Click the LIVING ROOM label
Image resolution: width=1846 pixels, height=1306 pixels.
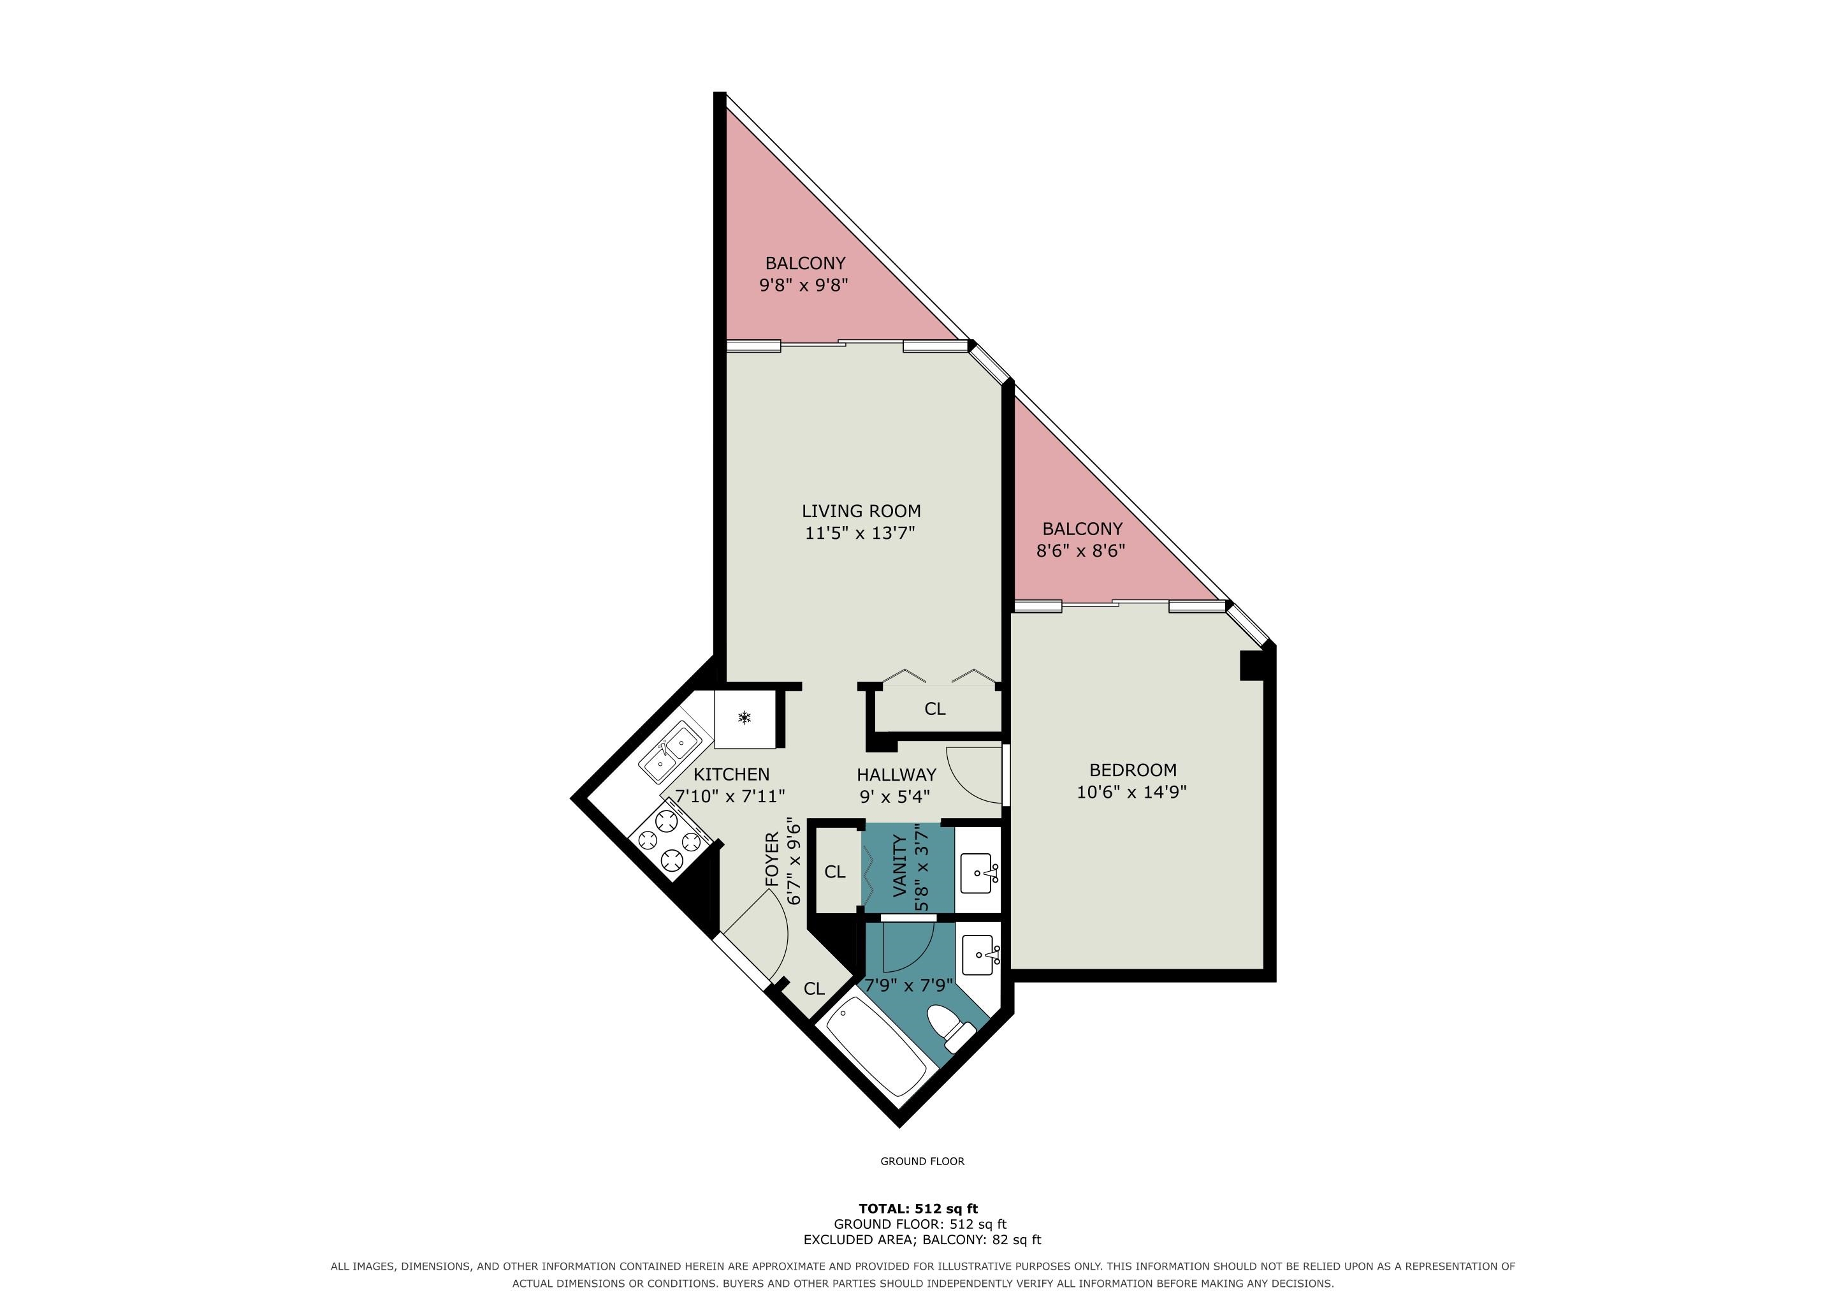pos(861,511)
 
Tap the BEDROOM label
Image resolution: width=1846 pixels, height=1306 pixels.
pos(1132,770)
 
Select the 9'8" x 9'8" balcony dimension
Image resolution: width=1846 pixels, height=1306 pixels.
pos(803,284)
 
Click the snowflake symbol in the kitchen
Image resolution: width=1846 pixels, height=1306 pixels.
pos(745,717)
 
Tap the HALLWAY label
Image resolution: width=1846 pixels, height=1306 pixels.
pos(896,774)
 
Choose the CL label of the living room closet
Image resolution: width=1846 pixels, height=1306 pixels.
pos(934,708)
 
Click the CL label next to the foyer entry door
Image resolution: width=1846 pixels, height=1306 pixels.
pos(813,988)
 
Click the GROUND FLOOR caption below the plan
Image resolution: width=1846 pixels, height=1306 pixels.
pos(922,1161)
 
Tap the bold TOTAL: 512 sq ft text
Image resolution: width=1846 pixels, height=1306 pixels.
pos(918,1208)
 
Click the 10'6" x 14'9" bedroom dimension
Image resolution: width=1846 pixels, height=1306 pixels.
pos(1131,791)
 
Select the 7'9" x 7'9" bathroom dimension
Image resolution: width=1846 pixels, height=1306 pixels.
pos(908,985)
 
